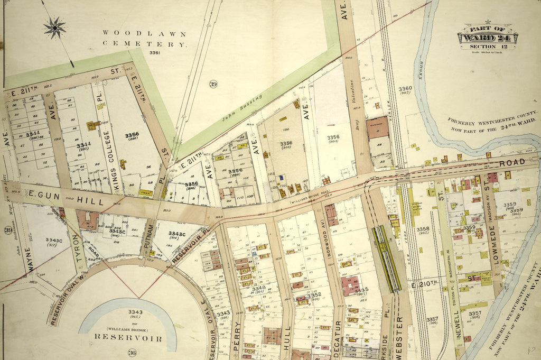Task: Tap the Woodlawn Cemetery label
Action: click(144, 39)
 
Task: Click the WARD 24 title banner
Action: click(487, 38)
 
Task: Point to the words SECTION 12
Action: click(487, 47)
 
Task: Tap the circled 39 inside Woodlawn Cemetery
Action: click(212, 85)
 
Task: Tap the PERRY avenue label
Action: click(236, 341)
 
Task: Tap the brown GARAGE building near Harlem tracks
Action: click(377, 128)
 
